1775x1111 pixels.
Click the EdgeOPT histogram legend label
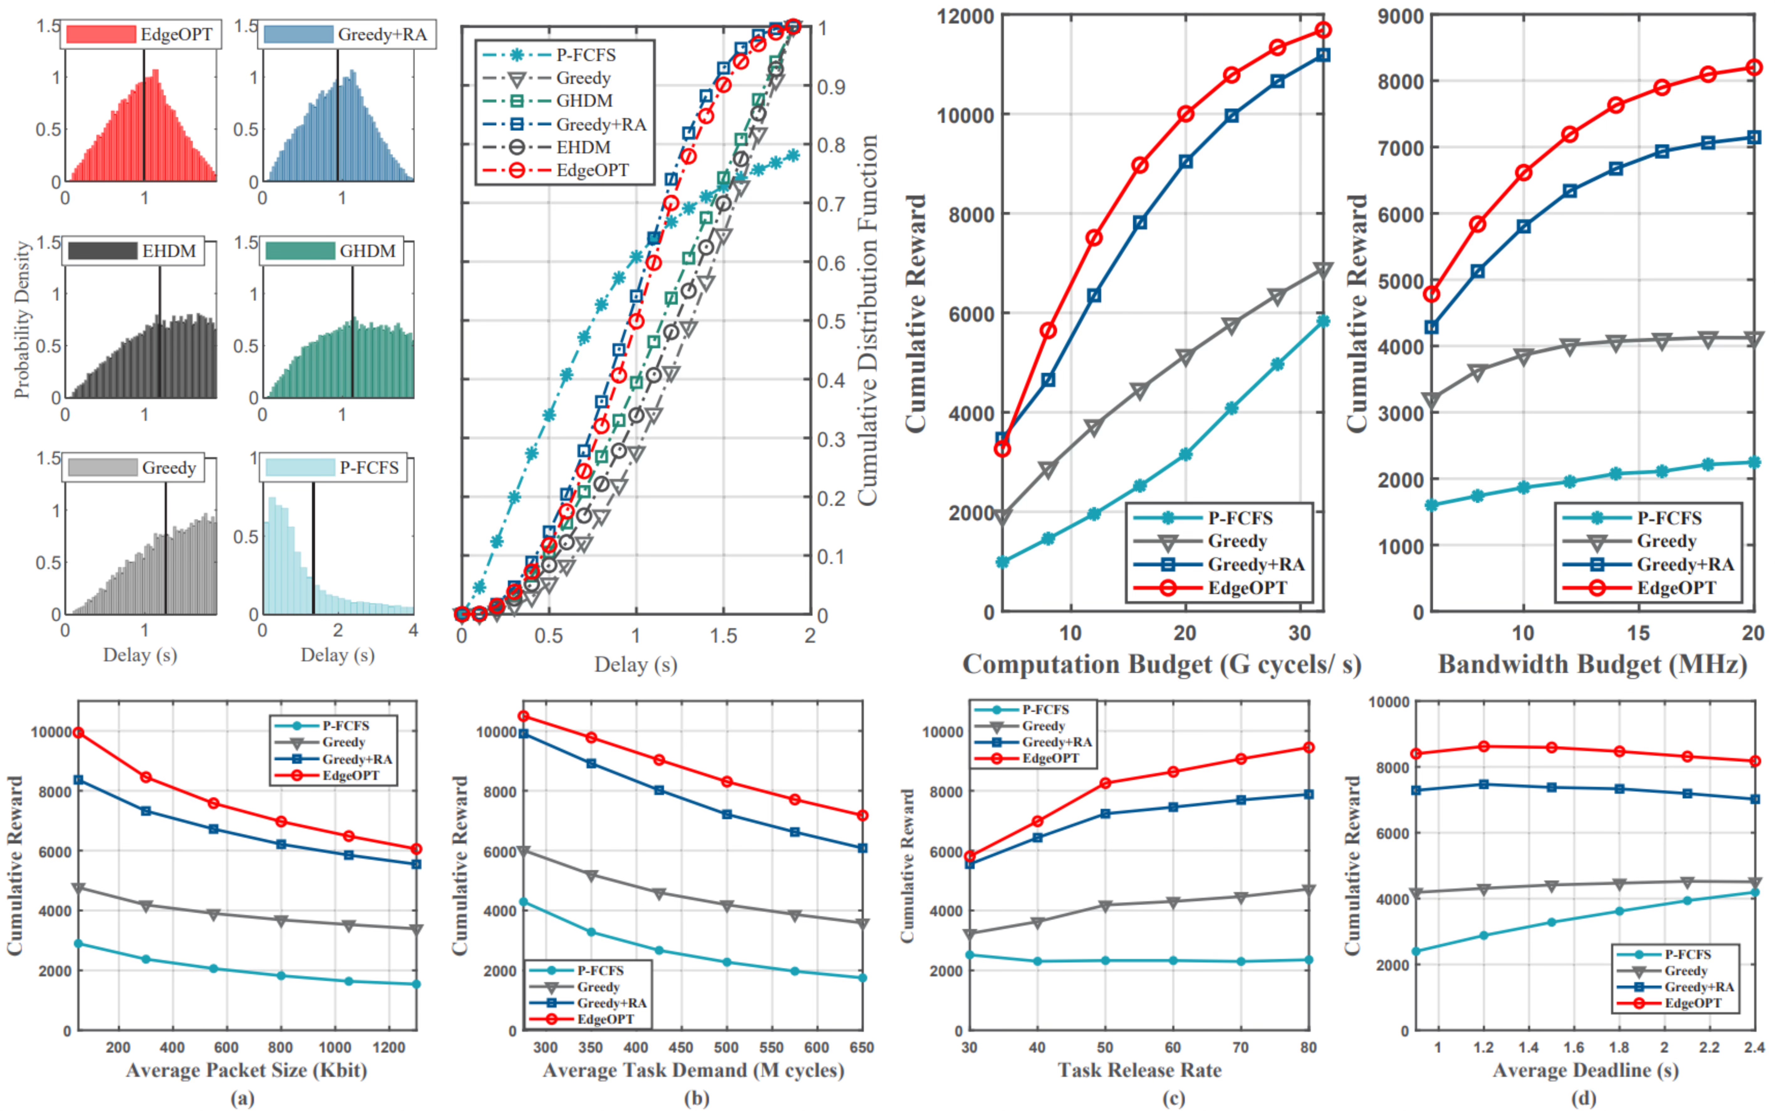[176, 34]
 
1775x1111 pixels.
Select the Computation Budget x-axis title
[1162, 664]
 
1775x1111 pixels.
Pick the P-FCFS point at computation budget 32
[1323, 321]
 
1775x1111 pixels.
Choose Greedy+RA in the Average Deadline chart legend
[1700, 987]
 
